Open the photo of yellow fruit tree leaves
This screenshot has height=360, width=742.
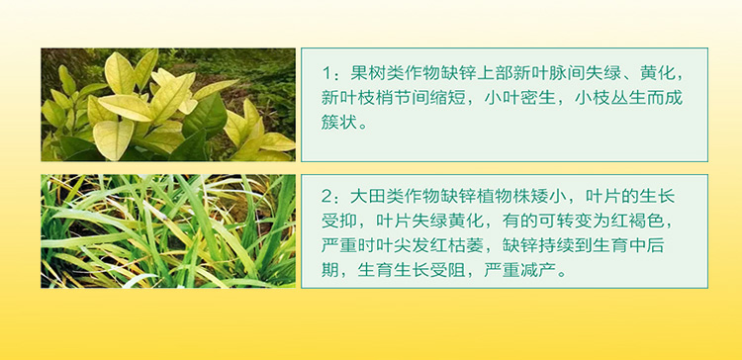(x=168, y=104)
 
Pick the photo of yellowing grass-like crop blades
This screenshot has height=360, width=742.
(x=168, y=231)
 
